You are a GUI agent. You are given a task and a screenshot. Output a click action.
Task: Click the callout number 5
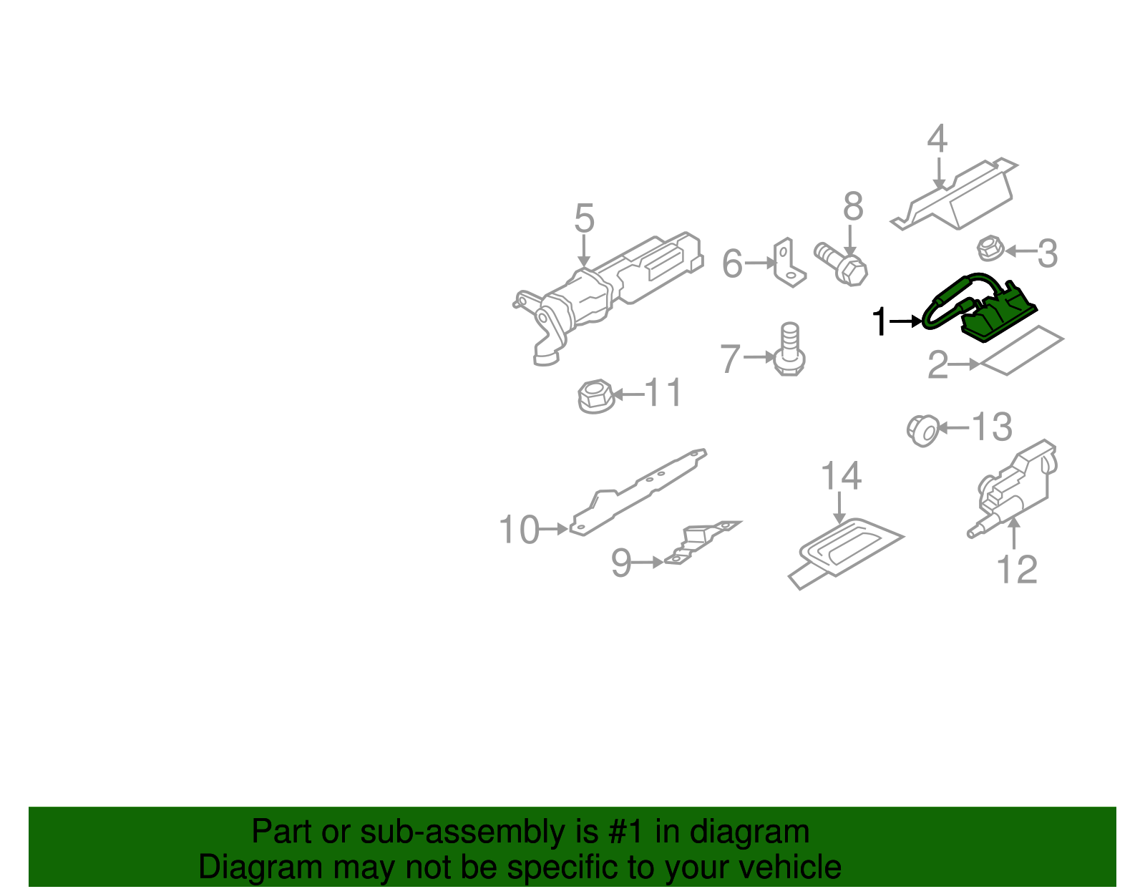(x=584, y=218)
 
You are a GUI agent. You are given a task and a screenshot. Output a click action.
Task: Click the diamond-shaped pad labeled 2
(x=1022, y=351)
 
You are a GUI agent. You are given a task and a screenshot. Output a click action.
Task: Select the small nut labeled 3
(x=990, y=248)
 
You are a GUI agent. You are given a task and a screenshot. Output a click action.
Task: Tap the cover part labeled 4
(x=959, y=197)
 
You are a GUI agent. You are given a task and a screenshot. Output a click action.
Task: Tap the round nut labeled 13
(x=922, y=430)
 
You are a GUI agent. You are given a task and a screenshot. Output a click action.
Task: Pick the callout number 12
(x=1016, y=570)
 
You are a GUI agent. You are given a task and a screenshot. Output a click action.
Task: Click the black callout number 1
(x=879, y=322)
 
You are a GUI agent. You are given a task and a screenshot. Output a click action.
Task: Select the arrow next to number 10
(x=552, y=530)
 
